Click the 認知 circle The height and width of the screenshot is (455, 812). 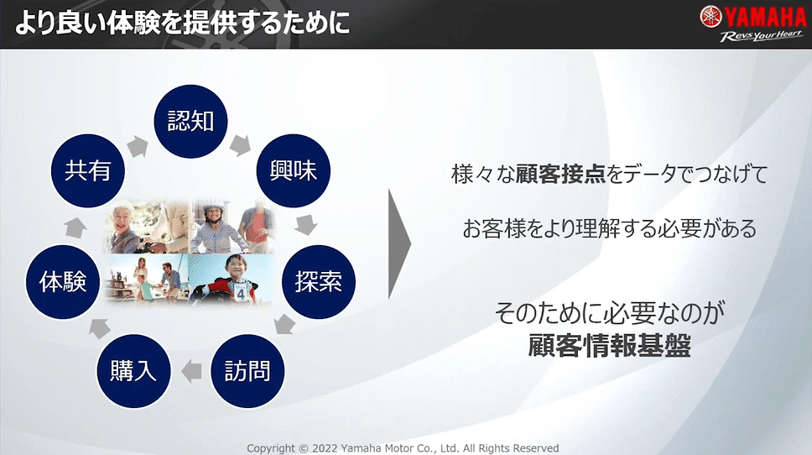pyautogui.click(x=190, y=121)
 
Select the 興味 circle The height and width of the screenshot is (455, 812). pyautogui.click(x=294, y=170)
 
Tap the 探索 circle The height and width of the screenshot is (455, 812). pyautogui.click(x=319, y=282)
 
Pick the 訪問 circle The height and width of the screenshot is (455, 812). pyautogui.click(x=247, y=371)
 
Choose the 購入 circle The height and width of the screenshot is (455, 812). pyautogui.click(x=133, y=371)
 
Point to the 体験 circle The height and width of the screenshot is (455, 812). pyautogui.click(x=63, y=282)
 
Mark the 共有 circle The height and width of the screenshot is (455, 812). pyautogui.click(x=87, y=170)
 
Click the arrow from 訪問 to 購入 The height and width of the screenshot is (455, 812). pyautogui.click(x=191, y=371)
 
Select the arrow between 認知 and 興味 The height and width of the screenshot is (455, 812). pyautogui.click(x=240, y=145)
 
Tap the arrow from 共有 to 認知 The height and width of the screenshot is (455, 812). pyautogui.click(x=138, y=146)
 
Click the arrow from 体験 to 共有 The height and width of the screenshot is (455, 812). pyautogui.click(x=75, y=227)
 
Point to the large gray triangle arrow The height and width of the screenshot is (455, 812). pyautogui.click(x=399, y=244)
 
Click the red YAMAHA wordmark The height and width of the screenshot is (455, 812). pyautogui.click(x=765, y=17)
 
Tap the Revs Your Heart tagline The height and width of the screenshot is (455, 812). pyautogui.click(x=762, y=36)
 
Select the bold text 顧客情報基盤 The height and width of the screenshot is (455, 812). pyautogui.click(x=610, y=345)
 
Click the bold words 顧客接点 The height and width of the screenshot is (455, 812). pyautogui.click(x=560, y=174)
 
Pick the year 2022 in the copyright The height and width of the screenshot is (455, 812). pyautogui.click(x=325, y=448)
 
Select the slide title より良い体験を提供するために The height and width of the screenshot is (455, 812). pyautogui.click(x=182, y=24)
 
